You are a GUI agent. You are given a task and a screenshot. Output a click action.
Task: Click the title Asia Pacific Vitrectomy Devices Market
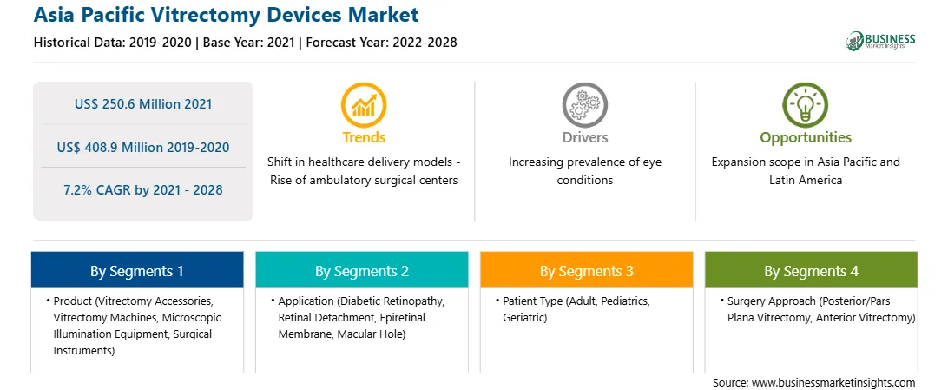226,15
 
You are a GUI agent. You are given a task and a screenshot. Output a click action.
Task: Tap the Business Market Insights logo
880,41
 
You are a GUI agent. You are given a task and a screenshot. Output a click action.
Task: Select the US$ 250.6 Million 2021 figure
143,104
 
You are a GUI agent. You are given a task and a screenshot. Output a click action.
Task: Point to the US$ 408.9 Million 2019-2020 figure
143,147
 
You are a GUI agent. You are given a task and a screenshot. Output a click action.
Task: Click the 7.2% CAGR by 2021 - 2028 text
143,190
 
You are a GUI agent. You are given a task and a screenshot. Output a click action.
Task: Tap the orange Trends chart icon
364,106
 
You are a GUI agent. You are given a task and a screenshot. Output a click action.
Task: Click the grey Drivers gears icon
584,106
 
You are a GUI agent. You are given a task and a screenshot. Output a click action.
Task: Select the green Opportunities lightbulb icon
806,106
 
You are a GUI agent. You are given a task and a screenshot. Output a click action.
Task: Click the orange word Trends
364,138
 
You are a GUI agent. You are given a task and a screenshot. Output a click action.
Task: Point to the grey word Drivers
584,138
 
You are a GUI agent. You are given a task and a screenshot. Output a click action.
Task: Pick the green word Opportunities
806,138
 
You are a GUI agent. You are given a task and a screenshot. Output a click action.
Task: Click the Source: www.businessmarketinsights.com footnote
813,382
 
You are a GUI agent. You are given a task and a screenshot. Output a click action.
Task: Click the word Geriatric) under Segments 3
524,317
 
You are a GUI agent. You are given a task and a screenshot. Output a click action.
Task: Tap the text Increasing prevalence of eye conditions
584,171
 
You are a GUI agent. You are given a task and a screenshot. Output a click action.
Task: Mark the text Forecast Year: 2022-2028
380,43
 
